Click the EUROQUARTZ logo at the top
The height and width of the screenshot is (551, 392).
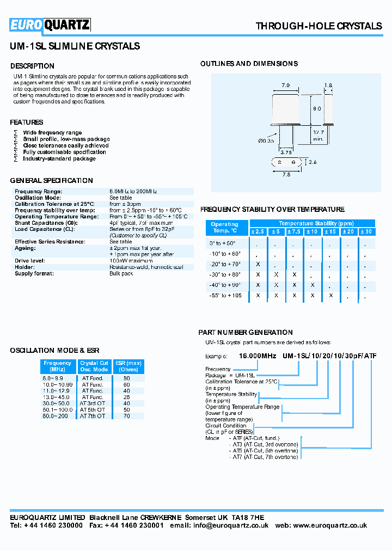50,25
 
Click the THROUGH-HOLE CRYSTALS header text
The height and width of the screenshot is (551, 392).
318,26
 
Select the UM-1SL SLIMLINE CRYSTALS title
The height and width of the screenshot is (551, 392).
75,46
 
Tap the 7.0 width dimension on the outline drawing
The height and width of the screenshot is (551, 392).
285,85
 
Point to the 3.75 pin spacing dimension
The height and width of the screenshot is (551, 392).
286,152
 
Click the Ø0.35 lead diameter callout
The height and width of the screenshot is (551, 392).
265,141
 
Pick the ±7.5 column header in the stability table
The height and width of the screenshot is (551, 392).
294,232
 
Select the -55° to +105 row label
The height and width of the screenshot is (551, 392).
225,295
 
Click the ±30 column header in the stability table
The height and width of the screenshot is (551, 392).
366,232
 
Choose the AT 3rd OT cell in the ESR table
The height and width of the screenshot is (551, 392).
93,403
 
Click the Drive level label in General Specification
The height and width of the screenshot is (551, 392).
30,261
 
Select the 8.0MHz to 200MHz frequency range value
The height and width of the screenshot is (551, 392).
133,192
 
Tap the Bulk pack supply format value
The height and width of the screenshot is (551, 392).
121,273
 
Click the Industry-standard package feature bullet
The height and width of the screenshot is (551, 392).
59,158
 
